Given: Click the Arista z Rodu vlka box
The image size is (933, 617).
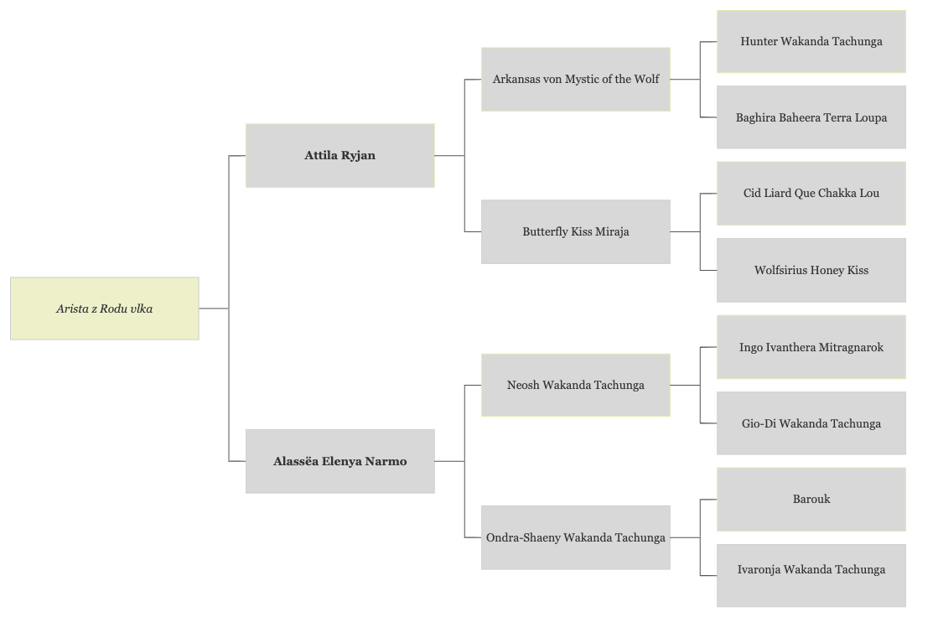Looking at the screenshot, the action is pos(105,308).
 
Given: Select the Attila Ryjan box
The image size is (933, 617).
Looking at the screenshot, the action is pos(340,156).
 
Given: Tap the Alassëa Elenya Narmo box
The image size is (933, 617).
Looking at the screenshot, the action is pos(340,461).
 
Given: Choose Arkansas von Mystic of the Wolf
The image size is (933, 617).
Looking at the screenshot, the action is pos(575,79).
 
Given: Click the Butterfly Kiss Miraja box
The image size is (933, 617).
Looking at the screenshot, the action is pos(575,231).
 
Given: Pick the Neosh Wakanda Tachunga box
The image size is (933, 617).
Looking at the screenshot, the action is pos(575,385).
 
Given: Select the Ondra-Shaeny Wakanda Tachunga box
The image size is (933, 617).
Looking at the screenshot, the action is pos(575,537).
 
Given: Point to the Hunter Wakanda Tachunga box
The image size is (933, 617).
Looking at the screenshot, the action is pos(811,42).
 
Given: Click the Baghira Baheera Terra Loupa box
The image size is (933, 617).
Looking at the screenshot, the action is pos(811,117).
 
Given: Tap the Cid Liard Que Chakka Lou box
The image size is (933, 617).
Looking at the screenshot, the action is pos(811,194).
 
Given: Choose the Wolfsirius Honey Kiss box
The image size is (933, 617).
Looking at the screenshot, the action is pos(811,270).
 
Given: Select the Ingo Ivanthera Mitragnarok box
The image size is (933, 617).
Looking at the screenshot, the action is pos(811,347).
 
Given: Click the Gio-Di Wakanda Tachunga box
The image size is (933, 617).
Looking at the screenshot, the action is pos(811,423).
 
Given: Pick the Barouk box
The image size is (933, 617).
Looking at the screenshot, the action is pos(811,499).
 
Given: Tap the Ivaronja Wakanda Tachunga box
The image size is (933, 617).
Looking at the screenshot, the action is pos(811,575).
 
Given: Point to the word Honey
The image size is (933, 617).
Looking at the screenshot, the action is pos(827,271).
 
